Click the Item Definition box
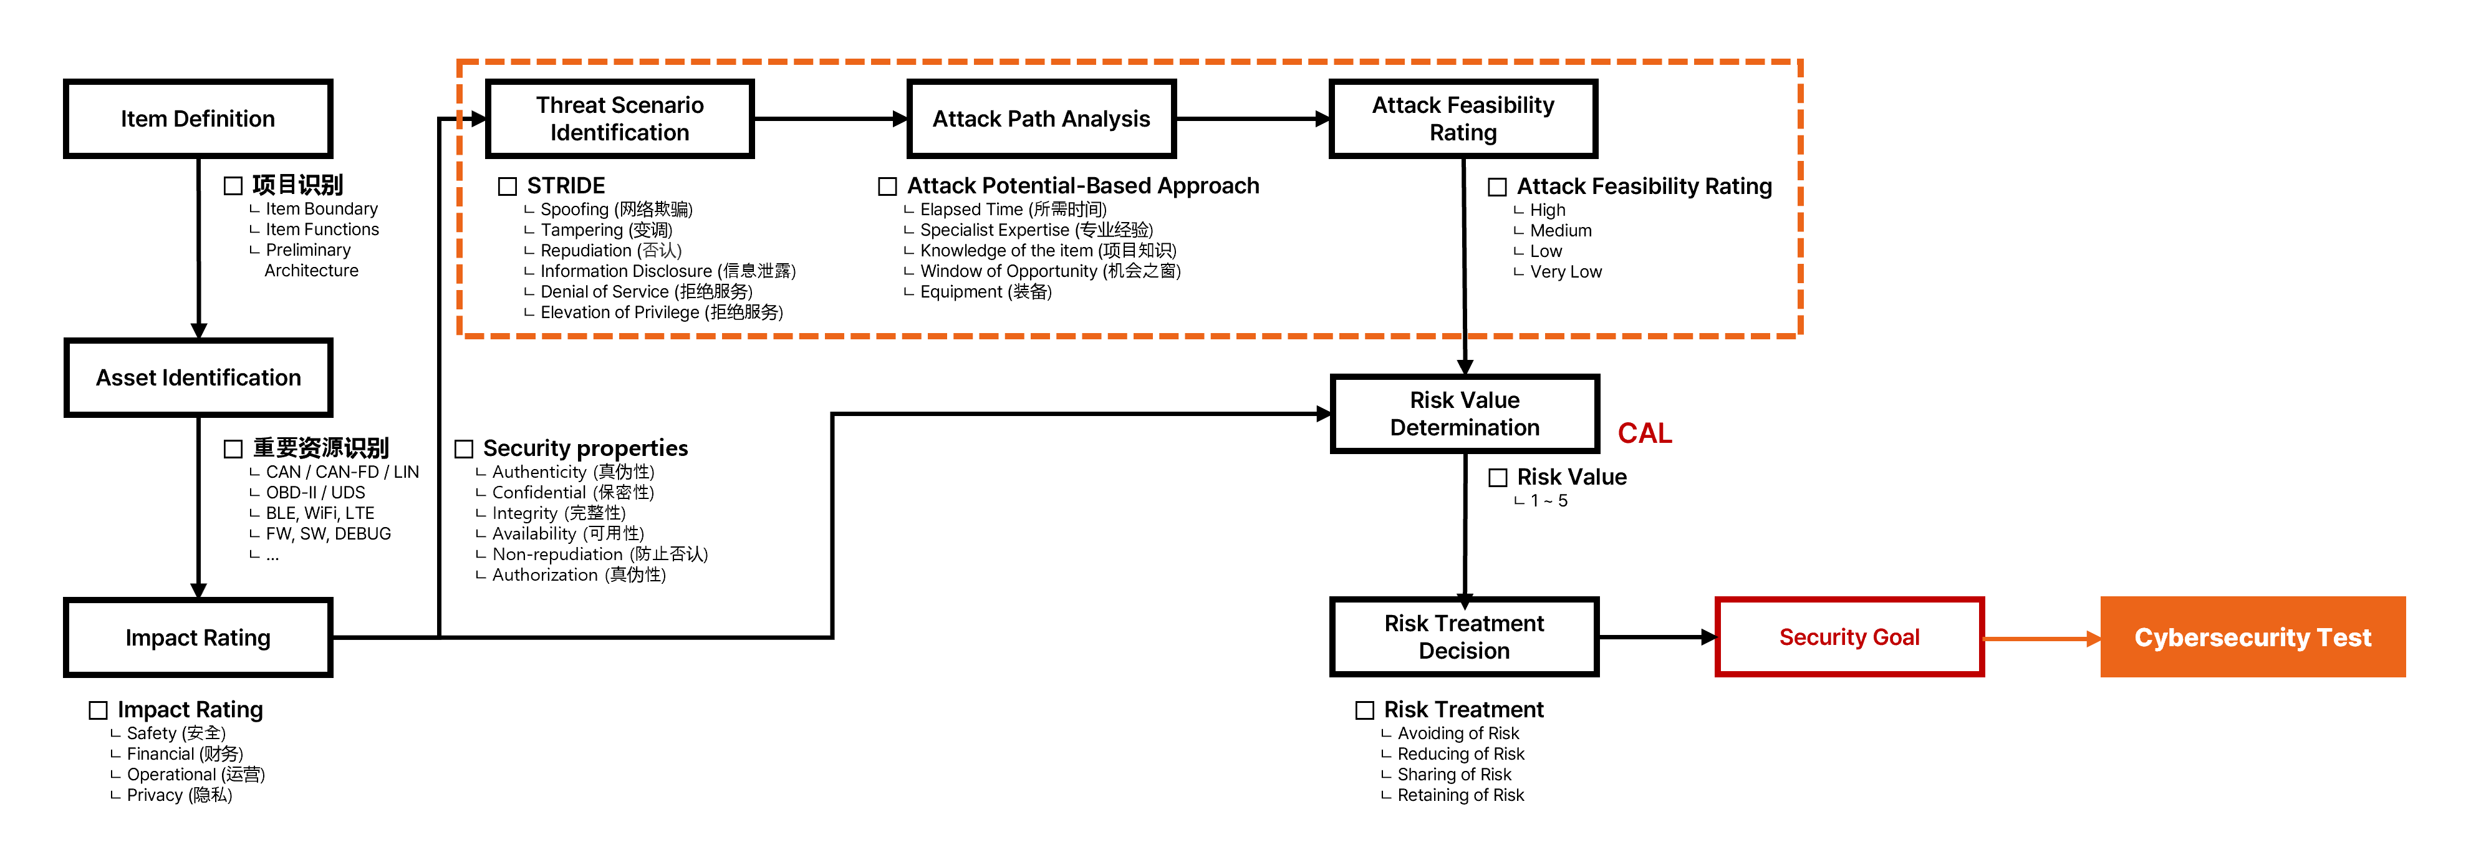[198, 119]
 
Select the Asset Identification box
[198, 377]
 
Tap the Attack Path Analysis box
[1041, 119]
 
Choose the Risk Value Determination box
[1464, 413]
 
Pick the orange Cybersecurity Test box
[2252, 637]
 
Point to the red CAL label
[1645, 433]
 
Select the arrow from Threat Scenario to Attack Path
[831, 119]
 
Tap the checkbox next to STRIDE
[508, 186]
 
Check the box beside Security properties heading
[465, 449]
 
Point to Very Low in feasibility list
[1565, 272]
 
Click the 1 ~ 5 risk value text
[1548, 501]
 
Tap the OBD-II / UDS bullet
[316, 492]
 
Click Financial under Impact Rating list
[185, 754]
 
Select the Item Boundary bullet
[321, 208]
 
